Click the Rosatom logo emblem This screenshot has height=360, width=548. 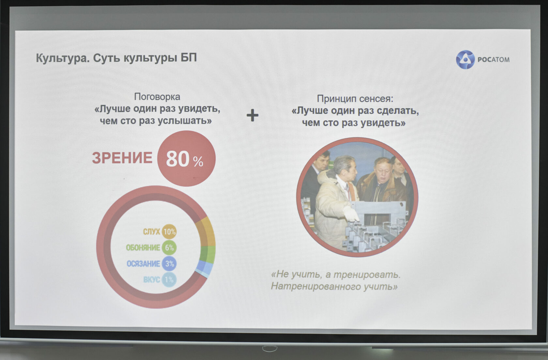pyautogui.click(x=465, y=59)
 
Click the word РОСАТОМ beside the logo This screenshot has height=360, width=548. pyautogui.click(x=494, y=60)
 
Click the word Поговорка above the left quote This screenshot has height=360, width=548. pyautogui.click(x=157, y=97)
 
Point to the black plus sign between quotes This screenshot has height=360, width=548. pyautogui.click(x=252, y=116)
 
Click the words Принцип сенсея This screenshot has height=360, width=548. pyautogui.click(x=355, y=99)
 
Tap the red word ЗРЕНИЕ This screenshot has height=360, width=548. pyautogui.click(x=122, y=158)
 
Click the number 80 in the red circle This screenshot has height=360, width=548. pyautogui.click(x=177, y=159)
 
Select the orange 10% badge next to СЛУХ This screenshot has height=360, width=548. pyautogui.click(x=169, y=231)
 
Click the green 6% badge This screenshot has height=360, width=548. pyautogui.click(x=169, y=247)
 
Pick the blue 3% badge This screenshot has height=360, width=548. pyautogui.click(x=169, y=264)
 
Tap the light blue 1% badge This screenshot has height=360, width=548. pyautogui.click(x=169, y=279)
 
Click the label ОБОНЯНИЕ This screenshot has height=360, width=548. pyautogui.click(x=143, y=248)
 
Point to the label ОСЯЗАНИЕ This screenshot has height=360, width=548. pyautogui.click(x=143, y=264)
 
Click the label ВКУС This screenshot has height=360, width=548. pyautogui.click(x=151, y=280)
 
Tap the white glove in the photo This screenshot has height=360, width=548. pyautogui.click(x=350, y=214)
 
